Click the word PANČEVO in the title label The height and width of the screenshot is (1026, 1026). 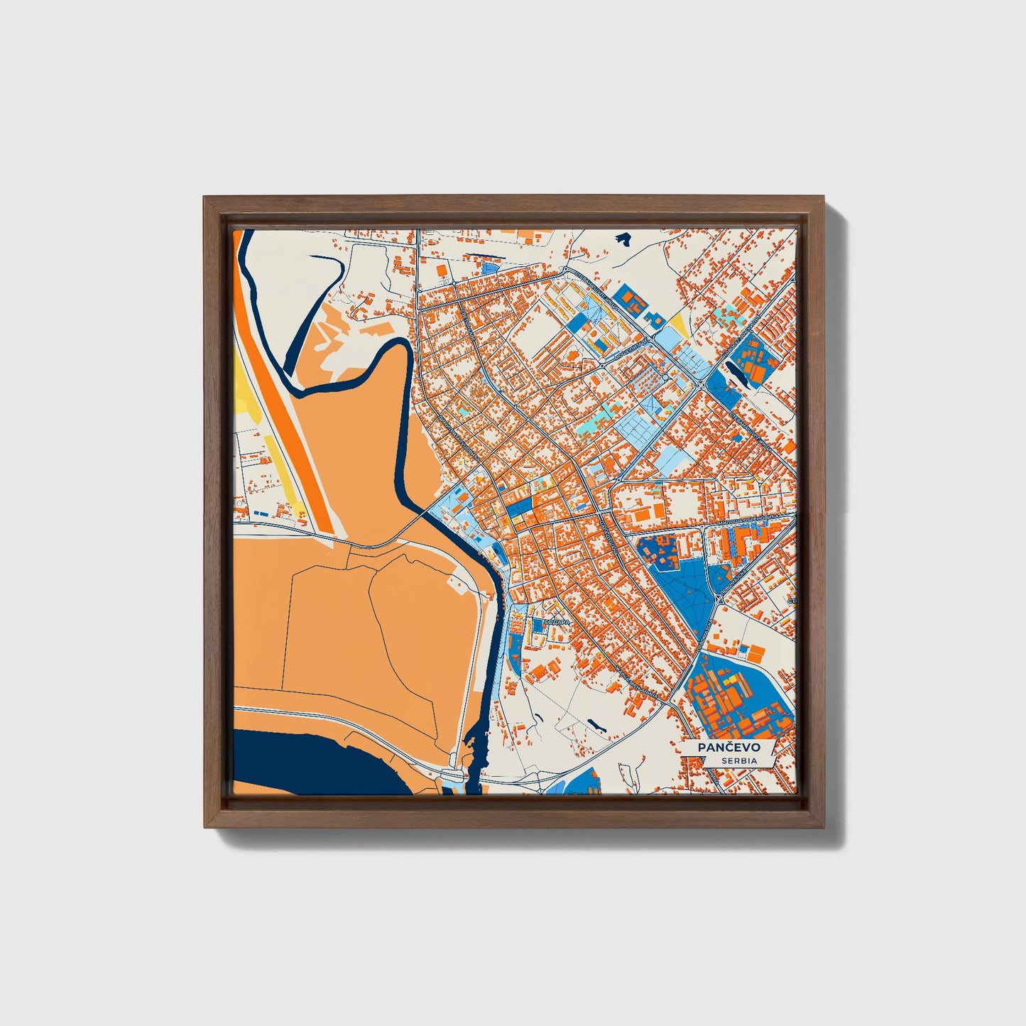point(728,748)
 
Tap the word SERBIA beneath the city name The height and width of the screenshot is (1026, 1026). point(738,761)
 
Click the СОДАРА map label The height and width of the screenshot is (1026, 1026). point(556,623)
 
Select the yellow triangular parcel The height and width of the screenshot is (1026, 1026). point(679,324)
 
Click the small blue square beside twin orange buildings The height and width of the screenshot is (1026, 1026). point(744,648)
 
